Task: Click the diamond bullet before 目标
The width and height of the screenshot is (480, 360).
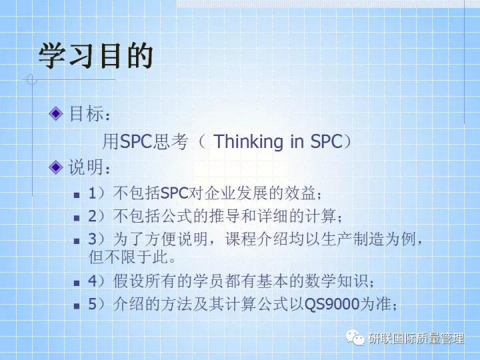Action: click(57, 113)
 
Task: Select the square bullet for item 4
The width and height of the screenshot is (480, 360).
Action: click(77, 283)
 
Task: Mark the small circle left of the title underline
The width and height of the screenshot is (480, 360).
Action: click(30, 80)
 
